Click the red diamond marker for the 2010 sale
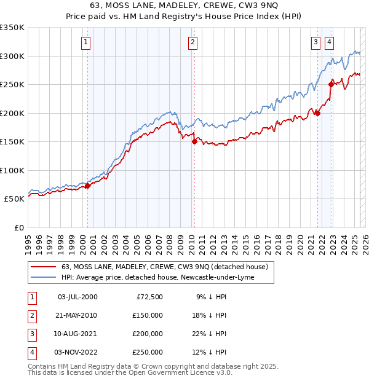coord(194,141)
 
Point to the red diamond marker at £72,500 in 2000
coord(87,186)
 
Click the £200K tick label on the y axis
coord(12,113)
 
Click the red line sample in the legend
coord(43,267)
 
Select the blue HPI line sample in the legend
coord(43,278)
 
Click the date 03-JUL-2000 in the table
coord(77,297)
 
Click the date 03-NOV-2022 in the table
coord(77,352)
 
